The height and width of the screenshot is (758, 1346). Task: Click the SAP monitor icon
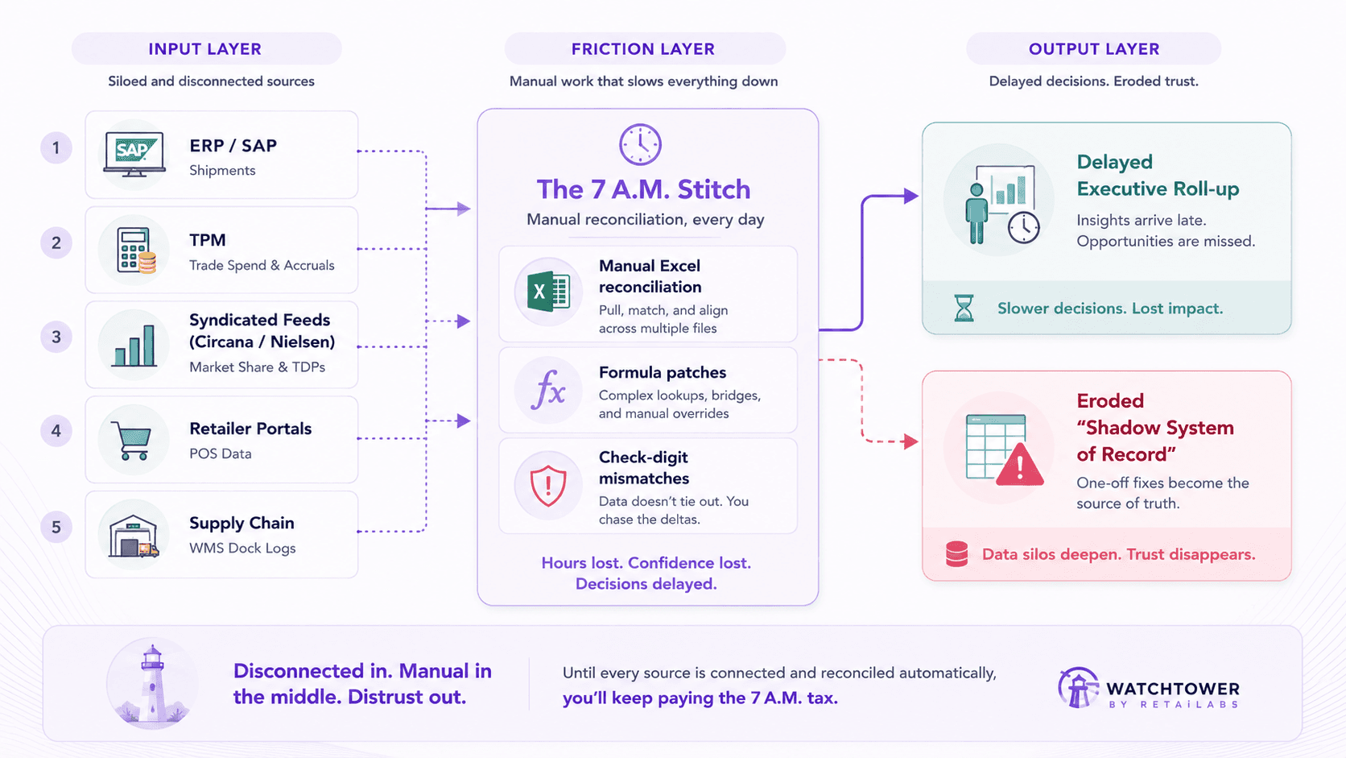(134, 155)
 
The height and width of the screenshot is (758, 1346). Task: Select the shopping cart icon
(131, 441)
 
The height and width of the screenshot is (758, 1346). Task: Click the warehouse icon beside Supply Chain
(134, 536)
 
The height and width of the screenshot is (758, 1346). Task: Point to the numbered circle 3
(56, 337)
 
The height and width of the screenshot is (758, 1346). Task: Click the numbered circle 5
(56, 527)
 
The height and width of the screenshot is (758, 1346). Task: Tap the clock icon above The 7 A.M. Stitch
(641, 144)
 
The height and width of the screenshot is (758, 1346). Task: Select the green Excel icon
(548, 292)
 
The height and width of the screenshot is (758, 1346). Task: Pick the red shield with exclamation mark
(548, 485)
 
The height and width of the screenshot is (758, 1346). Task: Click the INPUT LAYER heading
(205, 48)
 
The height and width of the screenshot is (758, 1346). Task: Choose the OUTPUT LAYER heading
(1094, 48)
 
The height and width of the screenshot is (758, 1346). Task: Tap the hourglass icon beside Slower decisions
(964, 308)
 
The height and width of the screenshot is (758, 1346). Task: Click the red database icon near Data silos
(956, 553)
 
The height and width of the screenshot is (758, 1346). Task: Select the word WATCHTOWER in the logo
(1173, 689)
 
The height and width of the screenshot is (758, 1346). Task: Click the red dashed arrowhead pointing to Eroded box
(911, 441)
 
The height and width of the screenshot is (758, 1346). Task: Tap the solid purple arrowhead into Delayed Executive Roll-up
(911, 196)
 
